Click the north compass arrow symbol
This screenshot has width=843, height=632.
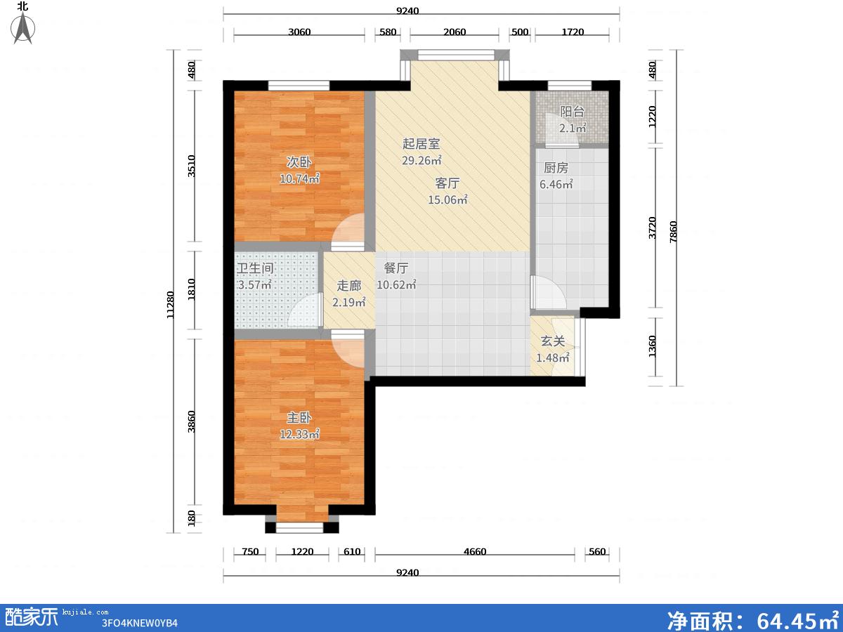click(23, 28)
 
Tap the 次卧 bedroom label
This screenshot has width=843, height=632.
click(299, 162)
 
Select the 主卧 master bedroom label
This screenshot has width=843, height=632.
click(299, 418)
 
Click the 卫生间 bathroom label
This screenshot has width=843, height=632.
click(255, 268)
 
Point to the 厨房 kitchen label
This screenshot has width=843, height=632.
click(556, 168)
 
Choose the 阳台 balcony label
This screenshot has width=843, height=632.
click(573, 112)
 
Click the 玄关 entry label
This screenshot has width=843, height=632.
click(553, 341)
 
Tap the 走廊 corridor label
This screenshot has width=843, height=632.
click(348, 286)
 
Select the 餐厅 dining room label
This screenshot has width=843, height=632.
click(396, 268)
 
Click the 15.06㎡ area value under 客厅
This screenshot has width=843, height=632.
click(447, 199)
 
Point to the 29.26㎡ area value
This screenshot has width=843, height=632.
click(421, 160)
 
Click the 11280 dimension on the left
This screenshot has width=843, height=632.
click(170, 305)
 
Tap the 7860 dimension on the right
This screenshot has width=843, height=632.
click(673, 232)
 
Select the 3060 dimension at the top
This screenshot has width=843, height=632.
click(299, 32)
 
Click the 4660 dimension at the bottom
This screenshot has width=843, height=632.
click(475, 551)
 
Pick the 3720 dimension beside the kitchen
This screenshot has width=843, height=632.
click(652, 228)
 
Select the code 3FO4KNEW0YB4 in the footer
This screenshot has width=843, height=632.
click(139, 623)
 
